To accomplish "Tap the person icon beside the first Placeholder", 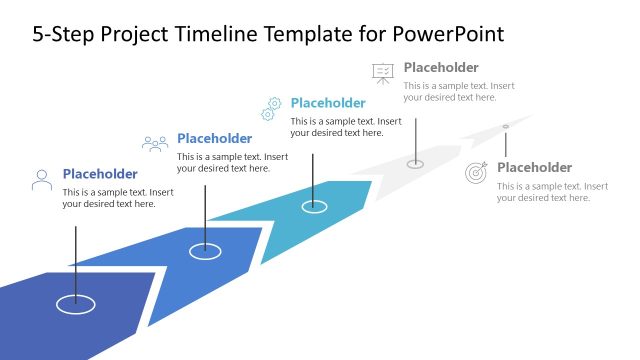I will point(42,180).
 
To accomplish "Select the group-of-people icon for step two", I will point(155,144).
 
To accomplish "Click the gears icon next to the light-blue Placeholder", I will point(271,108).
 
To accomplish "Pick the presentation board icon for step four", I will point(383,73).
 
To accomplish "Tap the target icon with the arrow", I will point(477,173).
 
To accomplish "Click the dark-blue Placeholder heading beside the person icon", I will point(100,173).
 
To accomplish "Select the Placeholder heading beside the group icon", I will point(214,138).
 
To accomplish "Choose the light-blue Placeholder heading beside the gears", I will point(328,102).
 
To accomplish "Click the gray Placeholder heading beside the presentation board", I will point(441,68).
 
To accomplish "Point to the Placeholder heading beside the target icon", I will point(534,167).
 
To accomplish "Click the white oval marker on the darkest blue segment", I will point(75,301).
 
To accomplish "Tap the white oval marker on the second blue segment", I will point(205,251).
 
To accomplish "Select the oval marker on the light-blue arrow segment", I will point(314,206).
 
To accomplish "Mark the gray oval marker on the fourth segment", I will point(416,163).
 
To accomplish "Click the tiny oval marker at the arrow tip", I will point(505,126).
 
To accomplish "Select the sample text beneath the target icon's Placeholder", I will point(552,191).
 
